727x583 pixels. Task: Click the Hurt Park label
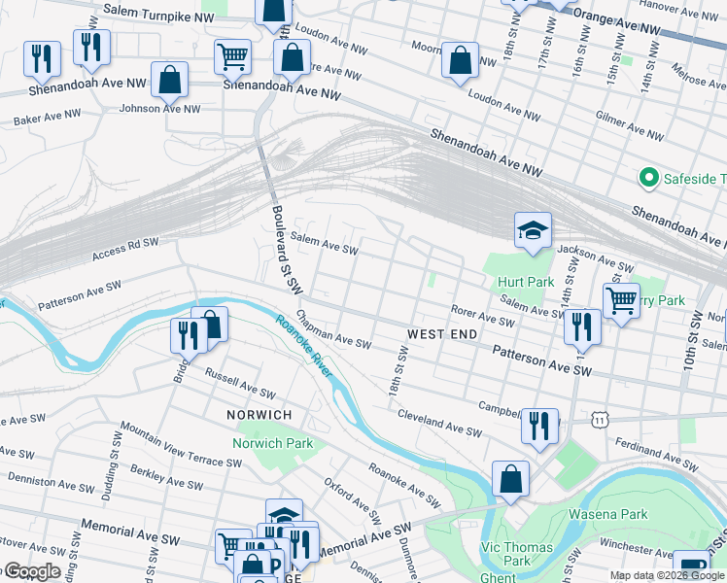527,283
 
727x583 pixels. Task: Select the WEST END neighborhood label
441,334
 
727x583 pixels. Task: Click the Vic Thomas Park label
517,554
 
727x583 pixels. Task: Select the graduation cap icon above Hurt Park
533,231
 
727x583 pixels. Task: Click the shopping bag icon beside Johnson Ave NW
170,82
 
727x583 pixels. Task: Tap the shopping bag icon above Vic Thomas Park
510,478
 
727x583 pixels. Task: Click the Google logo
31,571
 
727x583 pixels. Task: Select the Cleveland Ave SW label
439,421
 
